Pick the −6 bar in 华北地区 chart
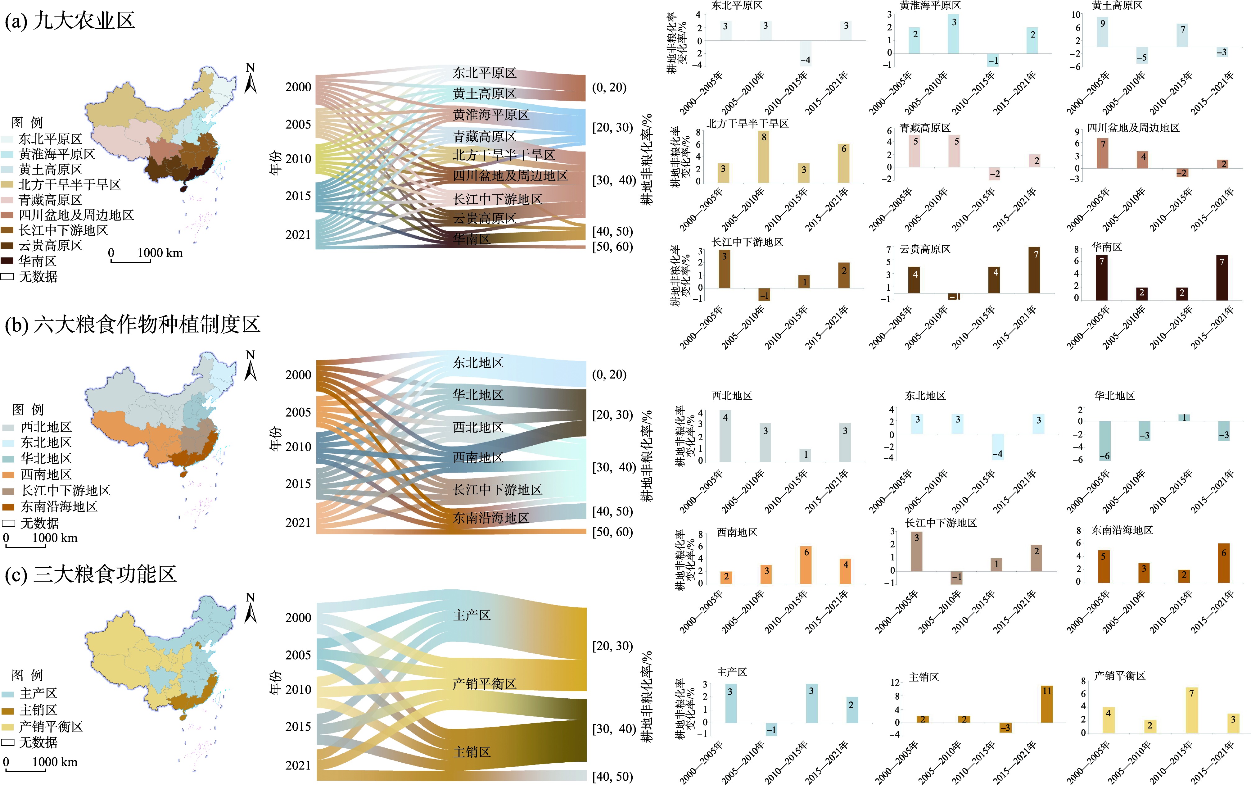1105,441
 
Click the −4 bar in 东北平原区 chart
805,53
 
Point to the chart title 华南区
1107,247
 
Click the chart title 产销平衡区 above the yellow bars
1120,675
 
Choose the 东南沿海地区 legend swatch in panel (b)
8,507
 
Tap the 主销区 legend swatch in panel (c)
7,710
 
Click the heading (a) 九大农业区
70,21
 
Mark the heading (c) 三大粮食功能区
91,574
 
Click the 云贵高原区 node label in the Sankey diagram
484,219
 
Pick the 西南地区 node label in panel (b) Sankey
477,457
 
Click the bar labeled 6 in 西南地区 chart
806,565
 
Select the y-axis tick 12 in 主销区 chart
895,682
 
